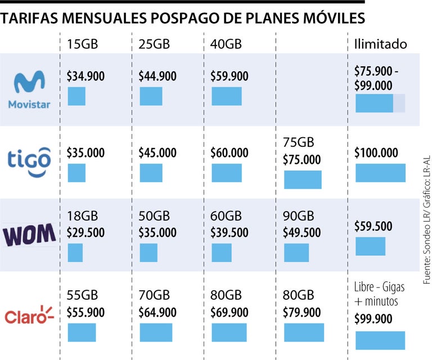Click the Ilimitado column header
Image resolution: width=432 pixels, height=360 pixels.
click(x=380, y=44)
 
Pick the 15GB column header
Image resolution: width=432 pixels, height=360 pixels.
click(x=82, y=44)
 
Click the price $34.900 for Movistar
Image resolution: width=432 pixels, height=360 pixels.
click(x=85, y=76)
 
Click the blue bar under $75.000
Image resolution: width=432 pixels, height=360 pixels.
click(x=303, y=179)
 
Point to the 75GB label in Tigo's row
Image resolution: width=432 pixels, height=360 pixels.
click(x=298, y=143)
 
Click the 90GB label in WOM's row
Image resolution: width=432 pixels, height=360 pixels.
click(x=298, y=217)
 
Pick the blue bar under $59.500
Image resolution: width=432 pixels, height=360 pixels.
click(x=370, y=246)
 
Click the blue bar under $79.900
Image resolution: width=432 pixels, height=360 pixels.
click(x=304, y=332)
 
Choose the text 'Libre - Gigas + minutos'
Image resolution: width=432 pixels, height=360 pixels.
click(x=379, y=294)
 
